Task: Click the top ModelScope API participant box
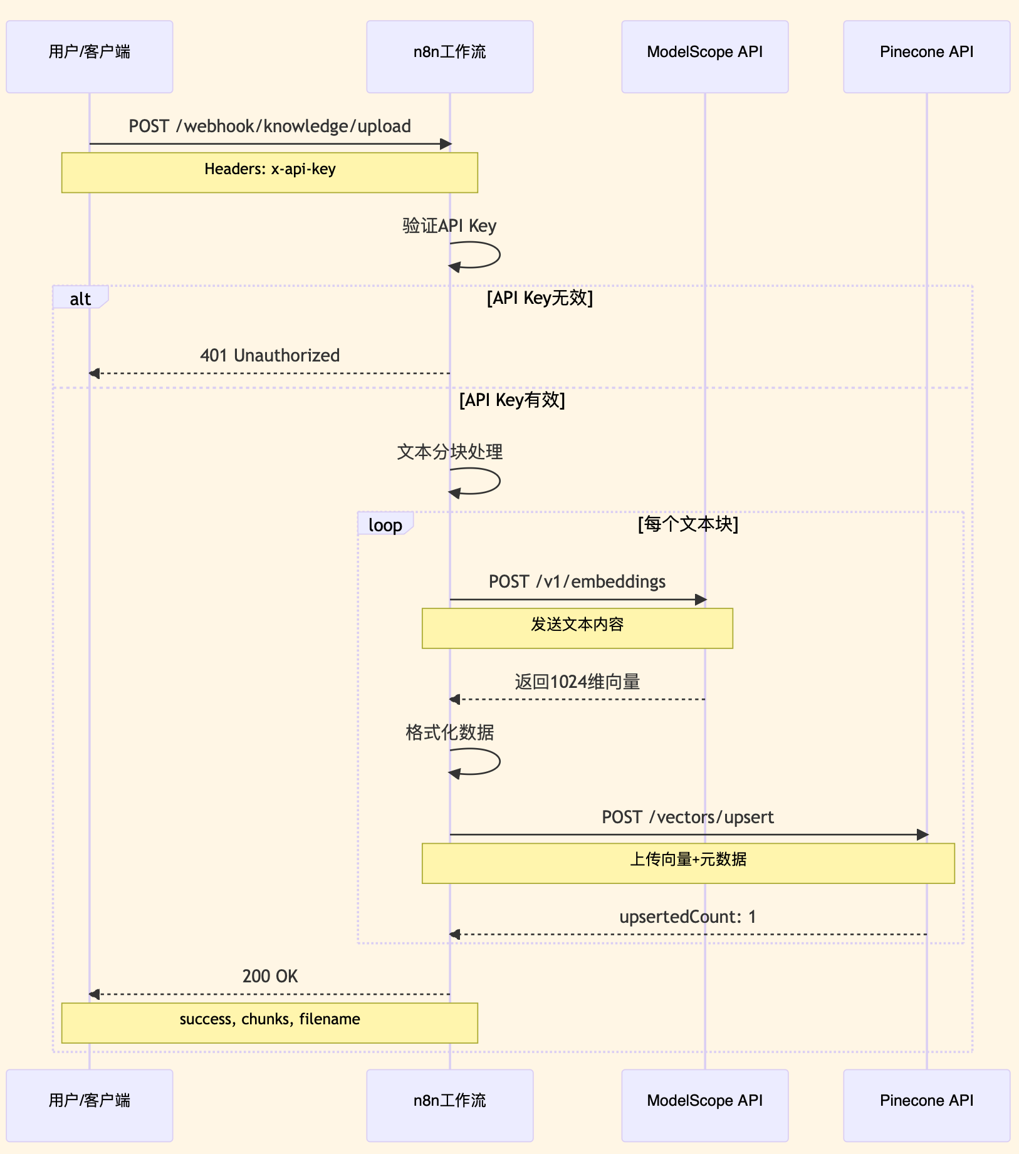coord(704,56)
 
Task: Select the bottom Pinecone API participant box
coord(926,1105)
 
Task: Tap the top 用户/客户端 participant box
coord(90,56)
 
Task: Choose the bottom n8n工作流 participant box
coord(449,1105)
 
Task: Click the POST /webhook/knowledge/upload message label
coord(269,127)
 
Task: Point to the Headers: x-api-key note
coord(269,172)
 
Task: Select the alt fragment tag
coord(80,298)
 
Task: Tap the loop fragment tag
coord(385,524)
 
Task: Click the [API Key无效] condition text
coord(540,298)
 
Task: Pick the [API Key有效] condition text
coord(512,400)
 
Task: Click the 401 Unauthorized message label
coord(269,356)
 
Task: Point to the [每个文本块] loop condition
coord(687,524)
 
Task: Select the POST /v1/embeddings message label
coord(577,582)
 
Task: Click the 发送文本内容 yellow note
coord(577,628)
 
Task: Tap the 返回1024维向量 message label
coord(577,682)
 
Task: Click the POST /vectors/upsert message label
coord(687,818)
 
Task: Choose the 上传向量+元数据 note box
coord(687,863)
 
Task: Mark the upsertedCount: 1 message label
coord(687,917)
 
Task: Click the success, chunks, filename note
coord(269,1022)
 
